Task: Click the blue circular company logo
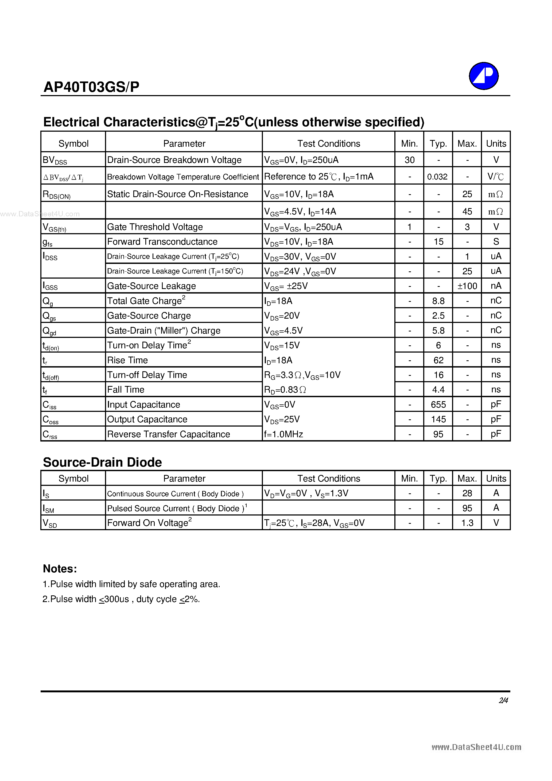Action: click(483, 76)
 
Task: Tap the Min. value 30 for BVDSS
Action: click(409, 160)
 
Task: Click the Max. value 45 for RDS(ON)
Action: click(467, 212)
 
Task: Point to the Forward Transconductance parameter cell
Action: click(162, 241)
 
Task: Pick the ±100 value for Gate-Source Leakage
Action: click(467, 286)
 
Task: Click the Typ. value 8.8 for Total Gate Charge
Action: click(438, 301)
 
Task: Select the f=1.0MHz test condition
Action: click(283, 434)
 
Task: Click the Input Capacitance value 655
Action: click(438, 405)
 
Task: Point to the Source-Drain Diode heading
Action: click(102, 462)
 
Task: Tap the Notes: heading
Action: click(60, 569)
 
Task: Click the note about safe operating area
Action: click(131, 584)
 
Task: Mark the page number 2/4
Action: click(503, 700)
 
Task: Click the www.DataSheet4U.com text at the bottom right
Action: click(476, 747)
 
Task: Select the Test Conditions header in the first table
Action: click(328, 143)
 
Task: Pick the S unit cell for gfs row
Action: click(496, 241)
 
